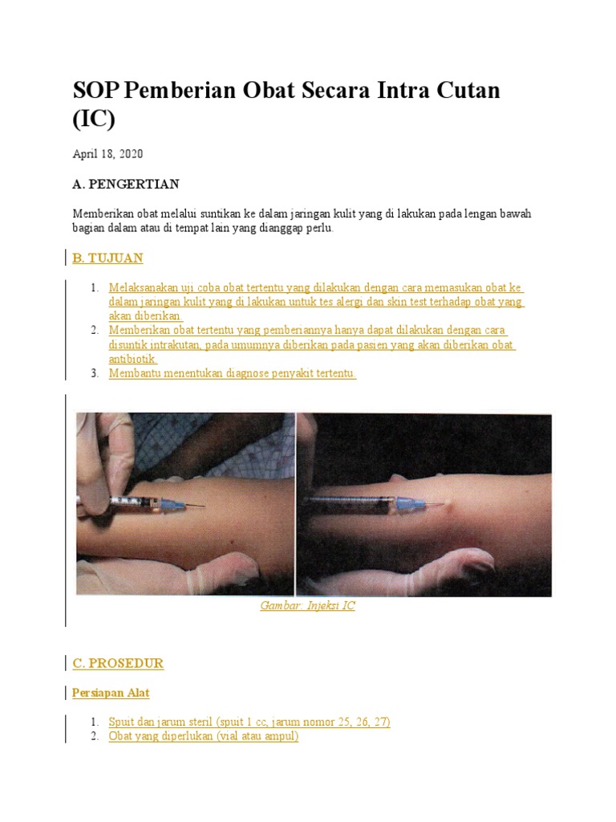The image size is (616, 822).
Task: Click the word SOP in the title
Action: click(x=95, y=90)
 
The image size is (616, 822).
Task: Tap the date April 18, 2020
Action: click(x=107, y=154)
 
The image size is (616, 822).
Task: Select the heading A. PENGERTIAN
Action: click(x=126, y=184)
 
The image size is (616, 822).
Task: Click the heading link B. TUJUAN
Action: click(x=107, y=258)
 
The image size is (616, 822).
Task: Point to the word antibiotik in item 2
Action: click(x=132, y=359)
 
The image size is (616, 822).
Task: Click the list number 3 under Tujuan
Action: click(x=95, y=373)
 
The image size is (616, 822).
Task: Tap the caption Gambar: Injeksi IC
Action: click(x=307, y=605)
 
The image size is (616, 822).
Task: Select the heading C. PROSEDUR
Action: click(x=118, y=663)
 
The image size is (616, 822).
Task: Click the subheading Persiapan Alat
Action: click(x=111, y=693)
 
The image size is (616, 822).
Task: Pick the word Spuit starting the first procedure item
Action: click(x=122, y=722)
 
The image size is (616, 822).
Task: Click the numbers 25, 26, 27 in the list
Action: click(x=362, y=722)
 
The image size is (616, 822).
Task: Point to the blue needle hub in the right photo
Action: click(x=407, y=504)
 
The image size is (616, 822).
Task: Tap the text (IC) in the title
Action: click(x=94, y=119)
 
